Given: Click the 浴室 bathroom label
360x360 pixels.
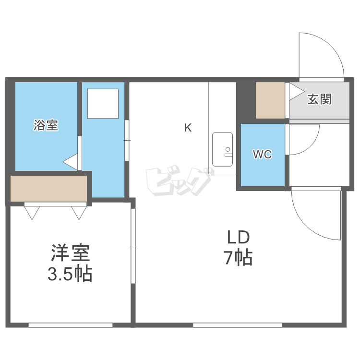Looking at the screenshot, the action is pos(46,125).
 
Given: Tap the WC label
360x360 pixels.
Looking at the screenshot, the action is pos(263,154).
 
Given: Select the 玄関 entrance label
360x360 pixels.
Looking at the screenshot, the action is pos(319,99).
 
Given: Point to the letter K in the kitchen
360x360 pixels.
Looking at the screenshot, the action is pos(188,128).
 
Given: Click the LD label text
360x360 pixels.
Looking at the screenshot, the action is pos(238,237).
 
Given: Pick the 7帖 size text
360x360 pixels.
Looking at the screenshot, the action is pos(238,257).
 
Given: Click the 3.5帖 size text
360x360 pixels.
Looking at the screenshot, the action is pos(70,274).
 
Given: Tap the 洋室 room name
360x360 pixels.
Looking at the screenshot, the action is pos(70,253).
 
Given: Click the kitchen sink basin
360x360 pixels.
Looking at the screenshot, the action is pos(222,149).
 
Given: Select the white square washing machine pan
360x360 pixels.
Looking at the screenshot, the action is pos(103,104).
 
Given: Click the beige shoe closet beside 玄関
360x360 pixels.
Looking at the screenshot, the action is pos(270,100).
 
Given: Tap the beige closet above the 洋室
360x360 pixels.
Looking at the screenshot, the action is pos(49,189).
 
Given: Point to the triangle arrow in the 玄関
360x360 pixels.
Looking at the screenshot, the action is pos(297,92).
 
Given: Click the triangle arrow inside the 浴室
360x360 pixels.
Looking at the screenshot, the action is pos(70,162).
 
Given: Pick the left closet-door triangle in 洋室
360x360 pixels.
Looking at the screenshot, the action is pos(32,213).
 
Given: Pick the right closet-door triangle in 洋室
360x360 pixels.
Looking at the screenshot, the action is pos(79,213).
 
